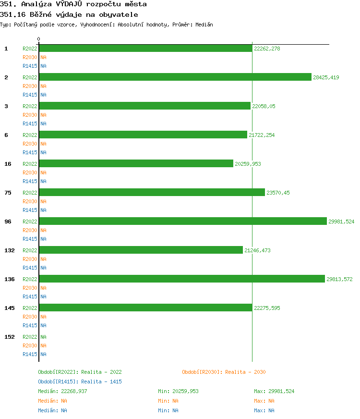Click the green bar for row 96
(182, 221)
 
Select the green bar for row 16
(136, 163)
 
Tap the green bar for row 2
(175, 77)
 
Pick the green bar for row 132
(141, 250)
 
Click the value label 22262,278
(267, 49)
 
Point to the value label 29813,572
(339, 279)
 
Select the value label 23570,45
(278, 193)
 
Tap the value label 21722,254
(262, 135)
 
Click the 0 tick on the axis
(39, 39)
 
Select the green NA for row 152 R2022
(43, 337)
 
